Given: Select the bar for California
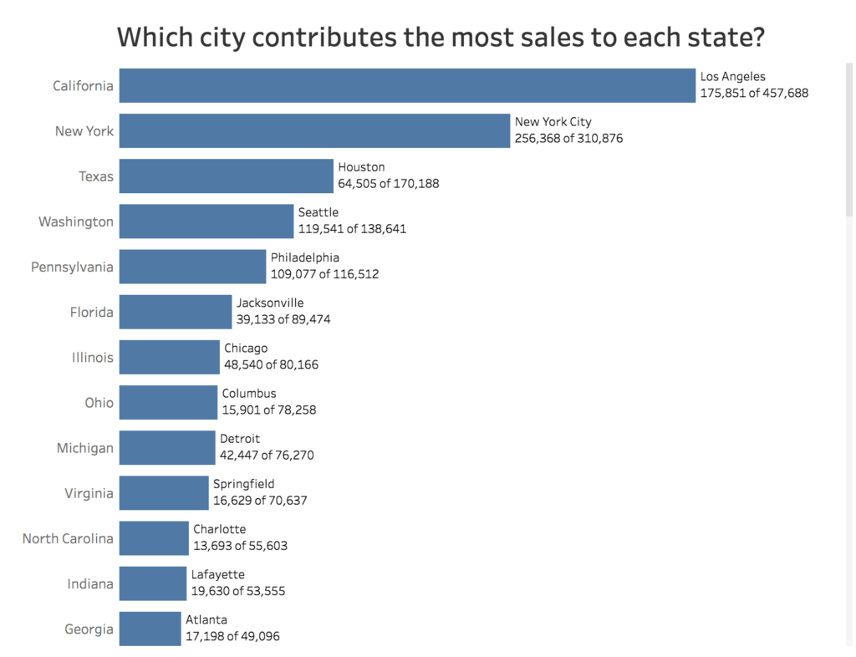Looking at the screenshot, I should click(407, 85).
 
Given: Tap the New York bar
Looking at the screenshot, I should click(314, 130).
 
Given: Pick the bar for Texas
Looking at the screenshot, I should click(226, 176).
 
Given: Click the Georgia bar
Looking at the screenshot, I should click(150, 629).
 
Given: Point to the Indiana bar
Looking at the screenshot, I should click(152, 583).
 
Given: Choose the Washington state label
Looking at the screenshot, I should click(76, 222).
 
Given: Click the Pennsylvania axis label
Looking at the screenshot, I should click(72, 267).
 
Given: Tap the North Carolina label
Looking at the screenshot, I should click(68, 538).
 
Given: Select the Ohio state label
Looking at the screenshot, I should click(99, 403).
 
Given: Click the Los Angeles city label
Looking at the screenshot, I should click(732, 77).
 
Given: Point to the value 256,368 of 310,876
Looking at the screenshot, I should click(568, 139).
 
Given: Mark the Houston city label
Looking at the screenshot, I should click(361, 167).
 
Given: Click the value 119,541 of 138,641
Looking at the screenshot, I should click(352, 229).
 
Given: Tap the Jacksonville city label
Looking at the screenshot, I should click(270, 303).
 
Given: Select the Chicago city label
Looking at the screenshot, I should click(246, 348).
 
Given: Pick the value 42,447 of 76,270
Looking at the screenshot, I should click(267, 456).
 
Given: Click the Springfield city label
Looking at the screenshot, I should click(243, 484).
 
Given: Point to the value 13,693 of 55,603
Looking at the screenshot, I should click(241, 546).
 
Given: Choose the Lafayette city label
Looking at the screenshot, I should click(218, 574).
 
